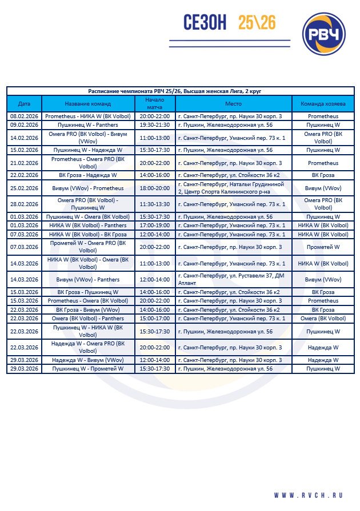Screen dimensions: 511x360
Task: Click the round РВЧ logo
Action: tap(323, 35)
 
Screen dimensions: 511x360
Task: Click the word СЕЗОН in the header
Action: tap(205, 23)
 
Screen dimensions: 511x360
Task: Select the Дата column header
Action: tap(24, 104)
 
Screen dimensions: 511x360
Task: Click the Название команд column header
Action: tap(88, 104)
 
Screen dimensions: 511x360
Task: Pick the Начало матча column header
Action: tap(154, 104)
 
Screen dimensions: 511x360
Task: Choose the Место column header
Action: tap(234, 104)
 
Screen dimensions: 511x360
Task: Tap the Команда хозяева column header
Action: tap(323, 104)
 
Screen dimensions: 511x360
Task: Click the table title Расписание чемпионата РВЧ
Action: tap(175, 91)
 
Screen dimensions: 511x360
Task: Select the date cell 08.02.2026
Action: tap(24, 116)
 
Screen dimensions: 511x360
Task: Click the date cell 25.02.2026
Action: tap(24, 188)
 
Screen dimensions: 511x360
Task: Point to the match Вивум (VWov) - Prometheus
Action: tap(88, 188)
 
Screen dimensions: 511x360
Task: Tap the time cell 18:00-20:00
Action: tap(154, 188)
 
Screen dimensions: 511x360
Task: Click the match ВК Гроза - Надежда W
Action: tap(88, 175)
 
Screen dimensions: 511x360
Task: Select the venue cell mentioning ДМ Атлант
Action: tap(234, 280)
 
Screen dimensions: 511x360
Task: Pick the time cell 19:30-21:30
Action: tap(154, 124)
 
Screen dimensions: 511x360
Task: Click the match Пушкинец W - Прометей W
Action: tap(88, 369)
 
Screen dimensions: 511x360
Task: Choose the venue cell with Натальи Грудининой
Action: tap(234, 188)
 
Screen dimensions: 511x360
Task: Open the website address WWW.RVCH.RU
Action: tap(308, 495)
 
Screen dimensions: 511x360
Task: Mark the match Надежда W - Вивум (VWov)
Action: tap(88, 360)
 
